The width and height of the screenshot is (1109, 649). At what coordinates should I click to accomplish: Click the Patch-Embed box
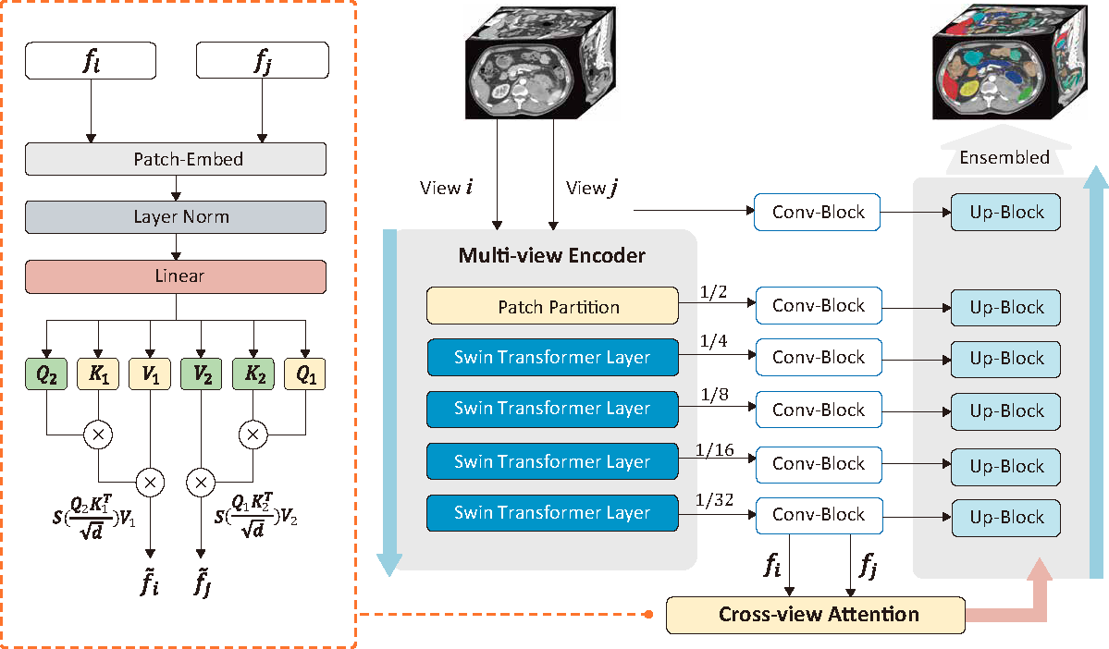(176, 159)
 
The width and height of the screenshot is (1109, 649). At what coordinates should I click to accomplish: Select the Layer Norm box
(176, 217)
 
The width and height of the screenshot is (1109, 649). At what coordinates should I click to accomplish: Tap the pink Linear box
(176, 276)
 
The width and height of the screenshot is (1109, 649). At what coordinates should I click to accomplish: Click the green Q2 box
(45, 374)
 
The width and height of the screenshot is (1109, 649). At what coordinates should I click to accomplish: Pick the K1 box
(98, 374)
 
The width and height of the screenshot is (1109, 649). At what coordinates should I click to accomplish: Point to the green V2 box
(202, 374)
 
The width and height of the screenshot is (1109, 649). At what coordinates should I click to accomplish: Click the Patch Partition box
(552, 306)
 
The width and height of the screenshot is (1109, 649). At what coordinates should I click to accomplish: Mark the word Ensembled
(1004, 157)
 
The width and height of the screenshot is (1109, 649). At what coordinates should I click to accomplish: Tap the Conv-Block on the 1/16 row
(818, 462)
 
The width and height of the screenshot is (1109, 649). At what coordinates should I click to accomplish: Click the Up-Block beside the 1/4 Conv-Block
(1005, 359)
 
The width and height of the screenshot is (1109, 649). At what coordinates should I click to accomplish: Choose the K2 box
(254, 374)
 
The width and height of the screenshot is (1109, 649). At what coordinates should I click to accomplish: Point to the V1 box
(150, 374)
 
